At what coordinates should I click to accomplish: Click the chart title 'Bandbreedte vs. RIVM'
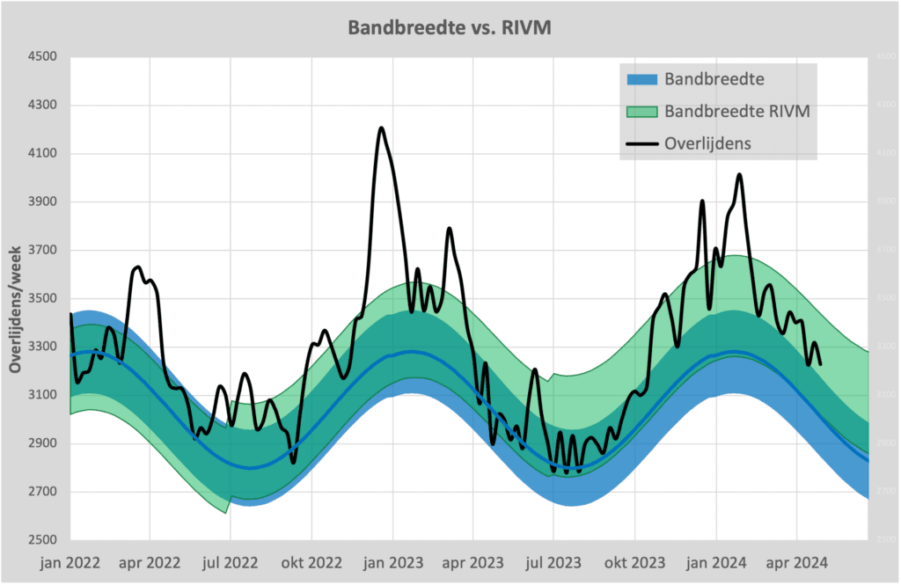tap(450, 27)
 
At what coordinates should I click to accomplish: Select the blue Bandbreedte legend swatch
tap(641, 79)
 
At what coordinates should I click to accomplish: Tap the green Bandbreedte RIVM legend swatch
tap(641, 111)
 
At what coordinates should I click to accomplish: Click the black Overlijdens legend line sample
tap(641, 143)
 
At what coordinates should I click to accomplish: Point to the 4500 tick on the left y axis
tap(42, 57)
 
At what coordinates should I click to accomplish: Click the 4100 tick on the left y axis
tap(42, 154)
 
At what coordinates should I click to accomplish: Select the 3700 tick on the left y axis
tap(42, 251)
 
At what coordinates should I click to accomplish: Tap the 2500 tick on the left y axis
tap(42, 540)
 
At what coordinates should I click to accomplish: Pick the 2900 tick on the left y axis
tap(42, 443)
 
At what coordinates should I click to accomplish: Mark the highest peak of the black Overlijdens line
tap(381, 128)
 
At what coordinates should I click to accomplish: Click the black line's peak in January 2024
tap(739, 175)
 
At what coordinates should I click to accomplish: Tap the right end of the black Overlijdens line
tap(820, 363)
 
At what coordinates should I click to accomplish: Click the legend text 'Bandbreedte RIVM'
tap(737, 111)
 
